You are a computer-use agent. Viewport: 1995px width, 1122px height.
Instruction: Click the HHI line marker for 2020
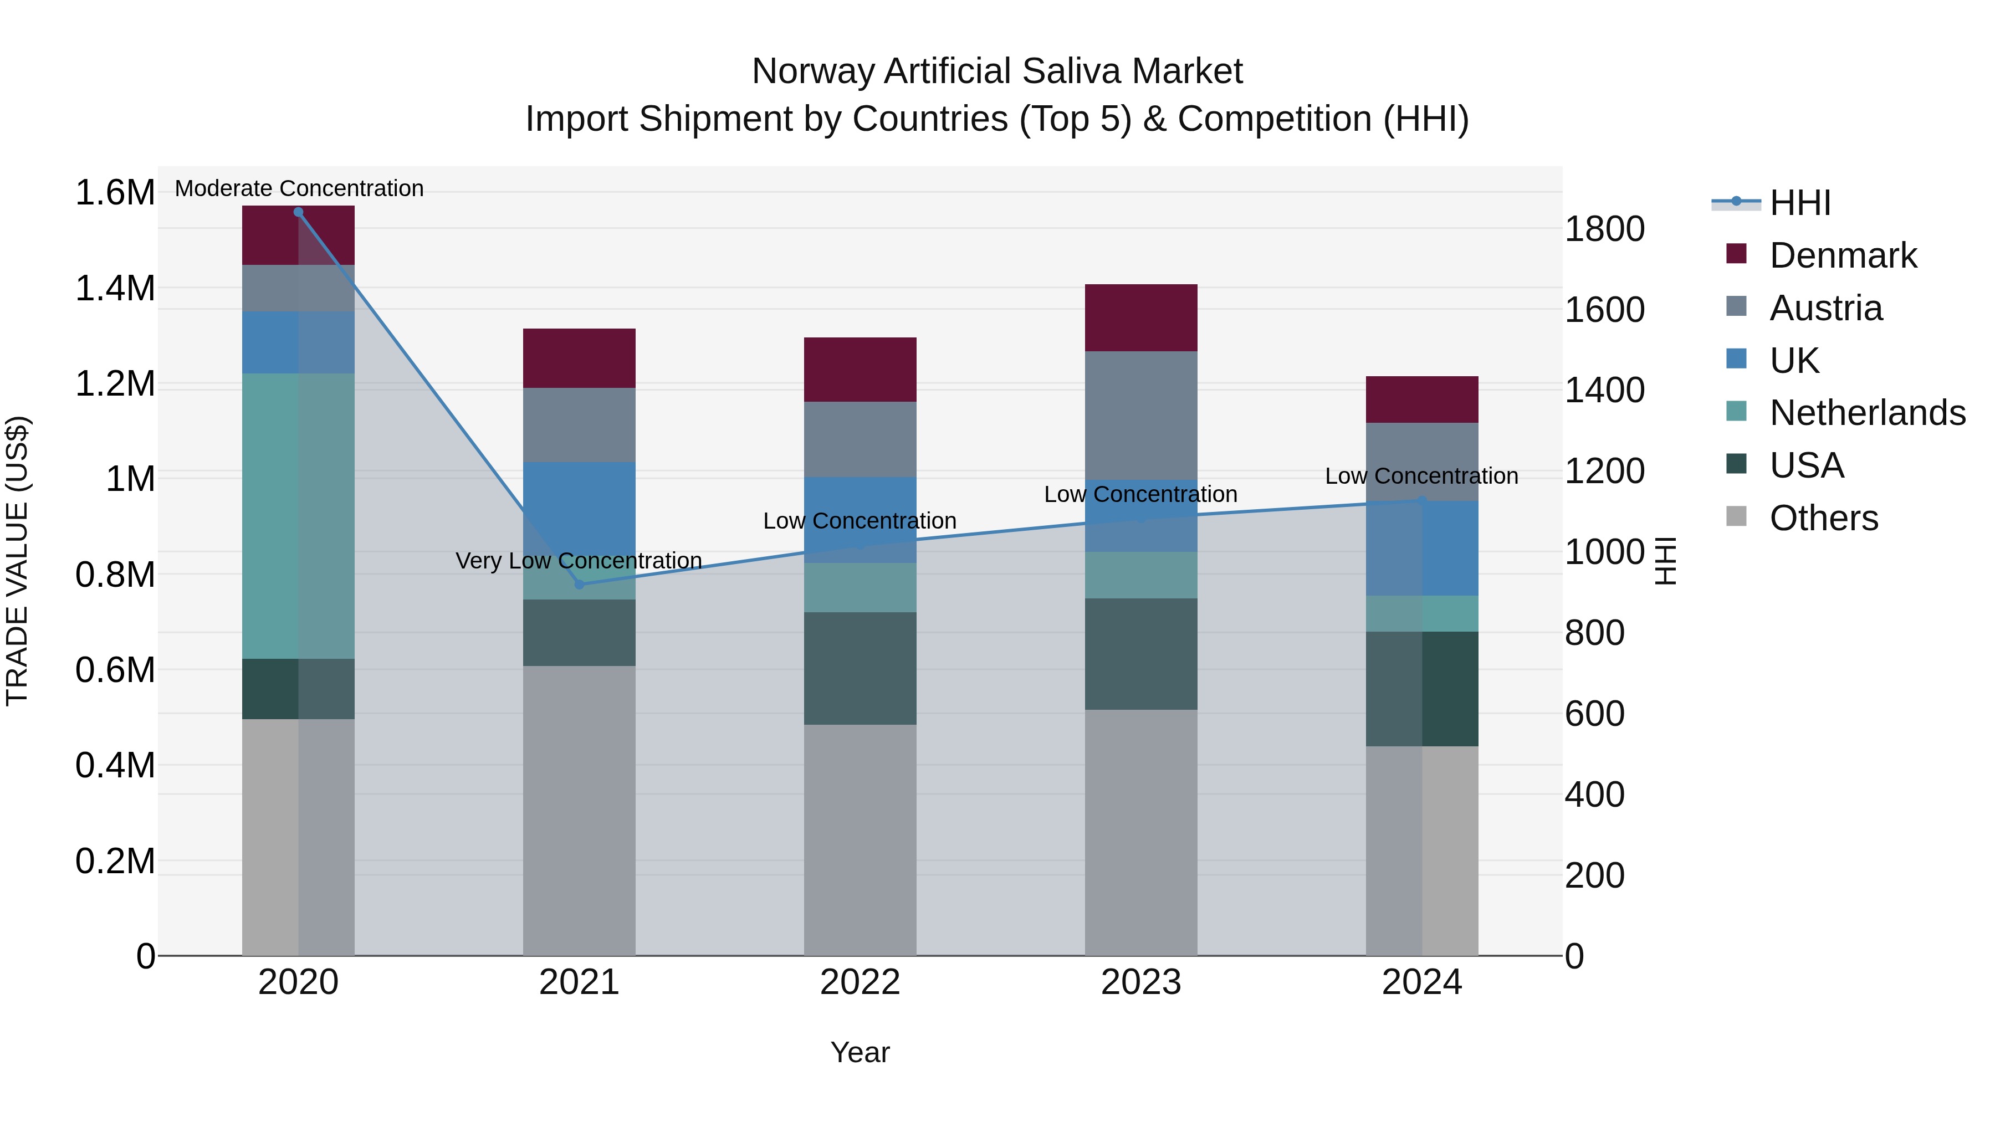click(x=298, y=212)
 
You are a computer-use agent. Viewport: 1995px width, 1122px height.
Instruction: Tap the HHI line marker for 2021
click(x=579, y=584)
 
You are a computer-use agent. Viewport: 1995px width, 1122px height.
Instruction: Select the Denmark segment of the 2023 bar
click(x=1141, y=317)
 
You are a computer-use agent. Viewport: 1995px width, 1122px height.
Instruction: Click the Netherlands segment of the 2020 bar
click(x=298, y=516)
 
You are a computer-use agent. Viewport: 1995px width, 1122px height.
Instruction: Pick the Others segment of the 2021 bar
click(x=579, y=810)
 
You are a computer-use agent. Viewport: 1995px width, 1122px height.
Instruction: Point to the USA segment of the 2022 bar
click(x=860, y=668)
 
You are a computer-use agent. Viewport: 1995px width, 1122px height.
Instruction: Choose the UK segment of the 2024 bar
click(x=1422, y=548)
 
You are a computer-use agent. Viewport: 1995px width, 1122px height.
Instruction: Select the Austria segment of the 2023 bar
click(x=1141, y=415)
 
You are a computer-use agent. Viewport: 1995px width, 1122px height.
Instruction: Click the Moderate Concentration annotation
click(x=299, y=188)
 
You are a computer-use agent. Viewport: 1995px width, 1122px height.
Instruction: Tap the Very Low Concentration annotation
click(x=579, y=561)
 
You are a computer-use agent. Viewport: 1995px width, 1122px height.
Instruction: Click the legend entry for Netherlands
click(x=1867, y=413)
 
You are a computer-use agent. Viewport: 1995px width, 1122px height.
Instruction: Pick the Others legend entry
click(x=1823, y=518)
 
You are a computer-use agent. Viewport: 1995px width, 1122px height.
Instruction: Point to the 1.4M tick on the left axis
click(x=115, y=288)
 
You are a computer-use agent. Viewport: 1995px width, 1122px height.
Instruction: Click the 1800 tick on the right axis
click(x=1604, y=229)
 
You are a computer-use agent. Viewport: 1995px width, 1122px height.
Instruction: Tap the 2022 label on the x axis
click(x=860, y=982)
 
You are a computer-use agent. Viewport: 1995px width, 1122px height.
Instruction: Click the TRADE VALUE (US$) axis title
click(x=17, y=561)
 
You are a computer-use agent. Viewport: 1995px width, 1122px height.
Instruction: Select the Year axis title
click(x=860, y=1052)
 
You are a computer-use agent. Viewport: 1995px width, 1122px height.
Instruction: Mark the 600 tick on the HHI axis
click(x=1594, y=713)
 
